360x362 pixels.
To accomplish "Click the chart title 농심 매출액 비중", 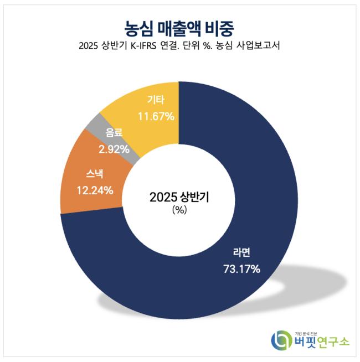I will (x=180, y=27).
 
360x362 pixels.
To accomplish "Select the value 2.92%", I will (x=114, y=149).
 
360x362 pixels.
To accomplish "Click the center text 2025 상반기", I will (x=179, y=197).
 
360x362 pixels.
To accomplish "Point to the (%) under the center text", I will (x=179, y=210).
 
